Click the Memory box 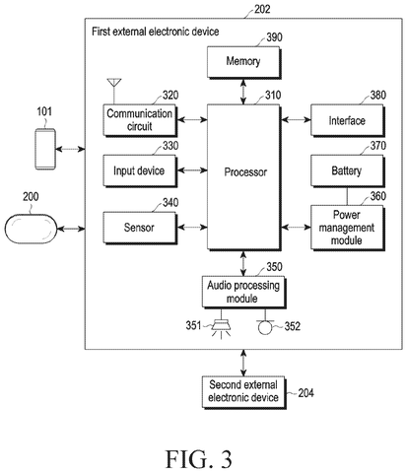point(243,62)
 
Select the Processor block point(243,177)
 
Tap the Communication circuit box point(140,120)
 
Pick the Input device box point(140,170)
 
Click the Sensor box point(140,228)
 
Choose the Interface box point(348,120)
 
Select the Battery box point(348,170)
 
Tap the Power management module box point(348,228)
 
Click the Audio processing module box point(243,293)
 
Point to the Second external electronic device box point(243,392)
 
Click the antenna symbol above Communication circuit point(114,91)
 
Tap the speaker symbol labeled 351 point(221,328)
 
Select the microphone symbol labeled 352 point(265,326)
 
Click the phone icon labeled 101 point(45,149)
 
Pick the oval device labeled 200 point(31,229)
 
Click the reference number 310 point(273,96)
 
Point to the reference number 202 point(262,9)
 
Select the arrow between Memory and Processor point(243,92)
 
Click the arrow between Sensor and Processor point(192,227)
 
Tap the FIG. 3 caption point(199,459)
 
